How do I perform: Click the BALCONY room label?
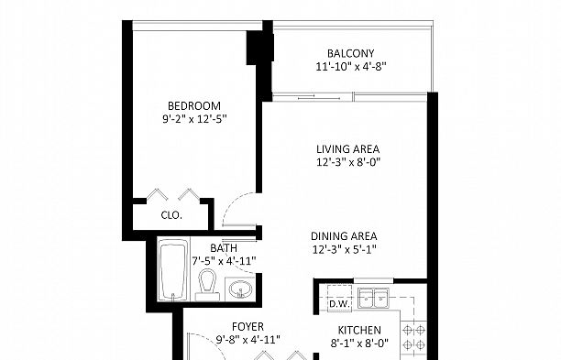[x=350, y=54]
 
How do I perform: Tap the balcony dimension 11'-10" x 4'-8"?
[x=350, y=67]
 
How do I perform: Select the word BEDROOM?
[x=194, y=106]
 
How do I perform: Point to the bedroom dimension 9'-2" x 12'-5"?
[x=194, y=119]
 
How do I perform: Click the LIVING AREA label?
[x=347, y=149]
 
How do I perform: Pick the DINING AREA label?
[x=344, y=236]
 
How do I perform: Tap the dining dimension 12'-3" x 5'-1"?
[x=344, y=249]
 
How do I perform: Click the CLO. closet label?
[x=171, y=215]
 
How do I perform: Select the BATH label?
[x=224, y=248]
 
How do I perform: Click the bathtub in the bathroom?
[x=173, y=269]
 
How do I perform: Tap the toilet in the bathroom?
[x=207, y=285]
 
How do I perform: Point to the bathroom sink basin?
[x=240, y=289]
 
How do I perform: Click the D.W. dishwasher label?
[x=339, y=304]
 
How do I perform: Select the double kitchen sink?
[x=373, y=298]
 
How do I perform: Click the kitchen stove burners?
[x=413, y=337]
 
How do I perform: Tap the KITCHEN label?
[x=359, y=331]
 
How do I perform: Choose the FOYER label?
[x=247, y=327]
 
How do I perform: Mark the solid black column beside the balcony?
[x=260, y=48]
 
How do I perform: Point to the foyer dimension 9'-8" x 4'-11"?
[x=247, y=340]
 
